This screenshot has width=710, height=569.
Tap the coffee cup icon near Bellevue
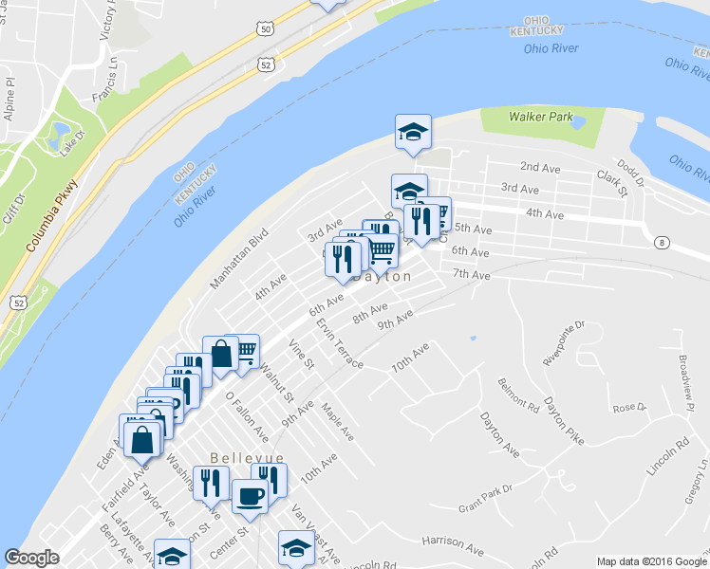250,495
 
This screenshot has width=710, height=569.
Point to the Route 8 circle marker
660,243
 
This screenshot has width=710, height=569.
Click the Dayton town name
382,277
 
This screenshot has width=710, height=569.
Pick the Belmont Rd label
517,394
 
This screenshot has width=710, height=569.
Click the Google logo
32,558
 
